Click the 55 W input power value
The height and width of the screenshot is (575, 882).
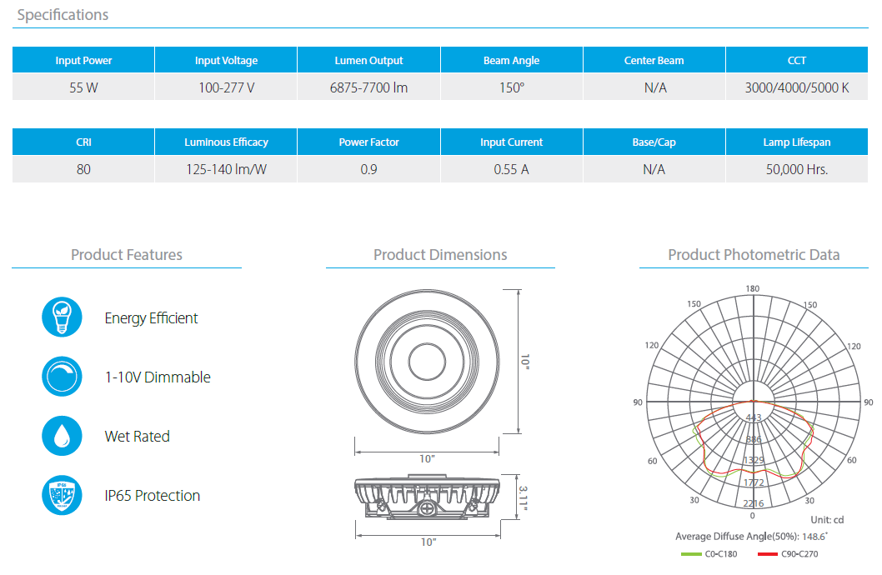point(83,87)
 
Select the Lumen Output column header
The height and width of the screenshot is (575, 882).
point(368,61)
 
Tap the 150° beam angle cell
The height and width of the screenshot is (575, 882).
point(511,87)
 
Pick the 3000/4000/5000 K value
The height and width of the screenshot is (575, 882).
point(796,87)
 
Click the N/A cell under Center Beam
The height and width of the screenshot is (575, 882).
point(654,87)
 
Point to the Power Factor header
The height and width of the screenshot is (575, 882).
point(368,142)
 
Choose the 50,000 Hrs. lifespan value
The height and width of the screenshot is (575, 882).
point(796,169)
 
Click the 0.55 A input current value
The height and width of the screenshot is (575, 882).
point(511,169)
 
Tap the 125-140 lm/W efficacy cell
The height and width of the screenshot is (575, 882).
point(226,169)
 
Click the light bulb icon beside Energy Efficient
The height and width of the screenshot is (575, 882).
point(62,317)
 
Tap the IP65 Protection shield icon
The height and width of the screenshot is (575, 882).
point(62,495)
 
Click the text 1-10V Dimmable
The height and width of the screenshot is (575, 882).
point(158,377)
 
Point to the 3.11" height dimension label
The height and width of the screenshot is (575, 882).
point(523,497)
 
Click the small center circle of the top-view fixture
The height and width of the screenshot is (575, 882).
point(428,362)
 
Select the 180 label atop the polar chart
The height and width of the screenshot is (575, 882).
point(753,289)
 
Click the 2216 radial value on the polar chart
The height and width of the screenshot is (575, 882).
point(753,503)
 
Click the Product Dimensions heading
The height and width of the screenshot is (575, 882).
point(440,255)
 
